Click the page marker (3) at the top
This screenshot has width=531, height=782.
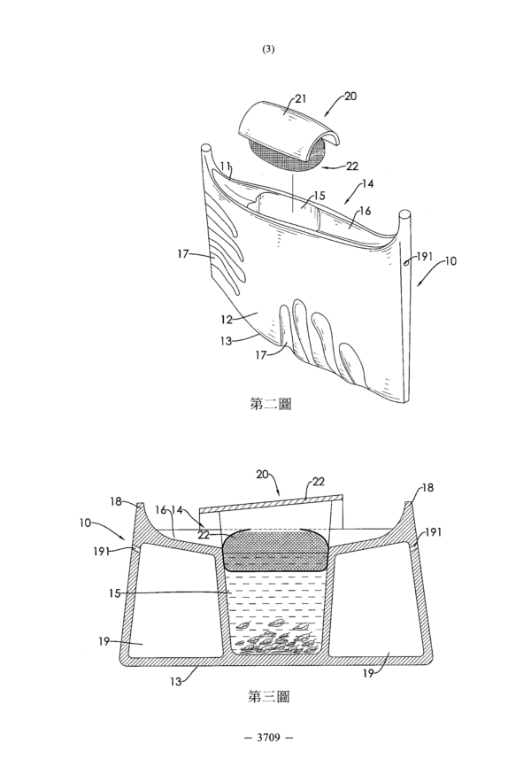point(268,50)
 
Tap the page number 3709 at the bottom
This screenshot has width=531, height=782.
point(268,737)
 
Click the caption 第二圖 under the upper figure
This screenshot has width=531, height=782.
point(270,404)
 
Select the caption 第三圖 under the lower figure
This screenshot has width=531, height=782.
point(269,696)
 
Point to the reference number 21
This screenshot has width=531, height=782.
point(300,99)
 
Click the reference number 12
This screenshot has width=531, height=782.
point(227,320)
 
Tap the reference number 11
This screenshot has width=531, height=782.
point(225,166)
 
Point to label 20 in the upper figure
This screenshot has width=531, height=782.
point(350,96)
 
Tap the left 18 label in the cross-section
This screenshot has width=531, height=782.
point(116,501)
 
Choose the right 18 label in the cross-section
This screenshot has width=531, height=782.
point(427,488)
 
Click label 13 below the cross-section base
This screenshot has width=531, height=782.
point(175,681)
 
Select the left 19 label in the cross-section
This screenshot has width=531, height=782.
point(104,641)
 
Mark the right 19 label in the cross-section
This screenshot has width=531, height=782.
point(368,674)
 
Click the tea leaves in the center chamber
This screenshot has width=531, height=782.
point(277,638)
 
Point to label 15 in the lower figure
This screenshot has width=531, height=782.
point(115,593)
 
